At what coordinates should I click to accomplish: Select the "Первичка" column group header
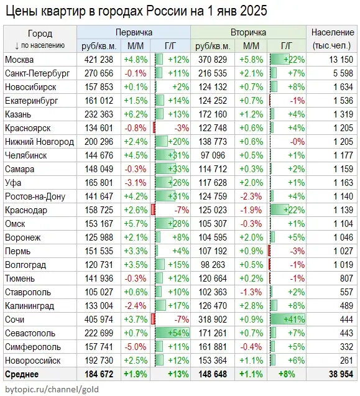133,32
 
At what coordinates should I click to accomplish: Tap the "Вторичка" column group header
248,32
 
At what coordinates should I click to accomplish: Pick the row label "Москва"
20,59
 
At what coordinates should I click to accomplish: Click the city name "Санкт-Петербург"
35,73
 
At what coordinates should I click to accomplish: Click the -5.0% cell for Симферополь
136,346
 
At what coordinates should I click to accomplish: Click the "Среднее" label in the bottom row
22,374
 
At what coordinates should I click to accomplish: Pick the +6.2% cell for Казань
136,114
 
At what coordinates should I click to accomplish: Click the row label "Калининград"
30,305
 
